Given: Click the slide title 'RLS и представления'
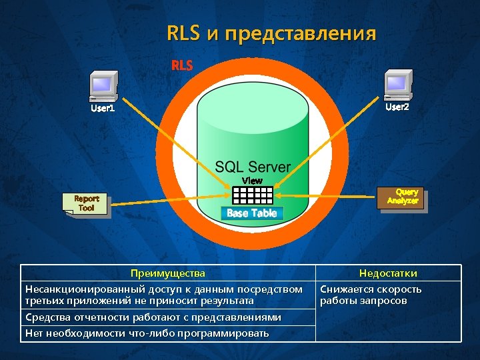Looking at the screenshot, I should [x=271, y=33].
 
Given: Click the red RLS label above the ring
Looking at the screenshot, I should [x=182, y=65].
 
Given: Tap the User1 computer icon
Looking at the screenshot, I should [x=104, y=86].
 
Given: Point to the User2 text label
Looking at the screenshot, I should [x=397, y=107].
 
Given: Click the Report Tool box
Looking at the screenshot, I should [x=85, y=203].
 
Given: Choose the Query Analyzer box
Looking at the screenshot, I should [x=402, y=197].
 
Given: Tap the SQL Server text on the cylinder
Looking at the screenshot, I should [x=253, y=167].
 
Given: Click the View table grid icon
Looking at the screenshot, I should [x=253, y=195].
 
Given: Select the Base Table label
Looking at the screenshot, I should [x=252, y=213].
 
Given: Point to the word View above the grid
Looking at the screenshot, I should [x=253, y=181].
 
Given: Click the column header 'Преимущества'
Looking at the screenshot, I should [x=168, y=273].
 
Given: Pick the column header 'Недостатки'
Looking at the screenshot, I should [x=388, y=273].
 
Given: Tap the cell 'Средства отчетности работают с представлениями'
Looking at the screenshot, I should [x=153, y=317].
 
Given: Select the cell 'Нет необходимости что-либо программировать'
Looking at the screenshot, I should [x=147, y=333].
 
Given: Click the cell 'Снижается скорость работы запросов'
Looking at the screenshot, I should [x=371, y=295].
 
